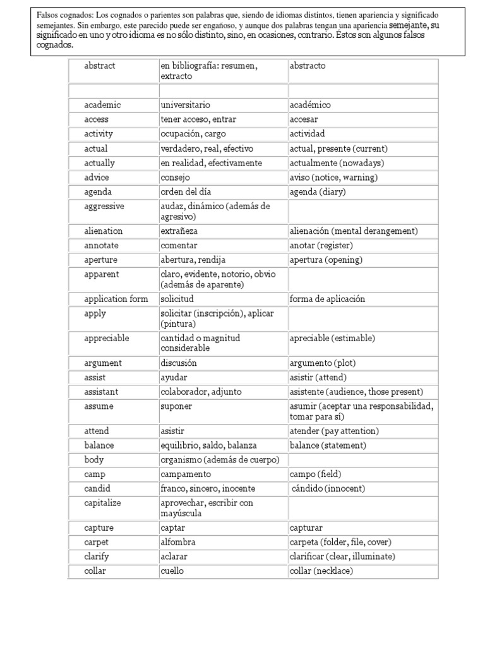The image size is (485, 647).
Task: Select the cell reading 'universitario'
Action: [x=186, y=105]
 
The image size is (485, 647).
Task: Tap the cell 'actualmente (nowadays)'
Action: [x=336, y=163]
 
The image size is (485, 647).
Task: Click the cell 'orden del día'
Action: [x=186, y=192]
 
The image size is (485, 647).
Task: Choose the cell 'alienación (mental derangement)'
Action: [x=354, y=231]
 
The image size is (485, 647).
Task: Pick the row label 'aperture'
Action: [x=101, y=260]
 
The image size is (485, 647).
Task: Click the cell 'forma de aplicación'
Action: [x=327, y=299]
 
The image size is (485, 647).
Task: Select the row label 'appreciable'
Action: [x=106, y=338]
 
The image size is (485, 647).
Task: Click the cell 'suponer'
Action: [x=176, y=406]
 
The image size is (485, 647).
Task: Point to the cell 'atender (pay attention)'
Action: [x=334, y=431]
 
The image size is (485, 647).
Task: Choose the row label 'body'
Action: [x=94, y=460]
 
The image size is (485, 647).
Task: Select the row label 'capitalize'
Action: [x=102, y=503]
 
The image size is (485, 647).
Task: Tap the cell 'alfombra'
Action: [x=178, y=542]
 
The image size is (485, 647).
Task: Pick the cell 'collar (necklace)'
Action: [x=321, y=571]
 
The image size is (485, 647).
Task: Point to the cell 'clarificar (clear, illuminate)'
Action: [x=342, y=557]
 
